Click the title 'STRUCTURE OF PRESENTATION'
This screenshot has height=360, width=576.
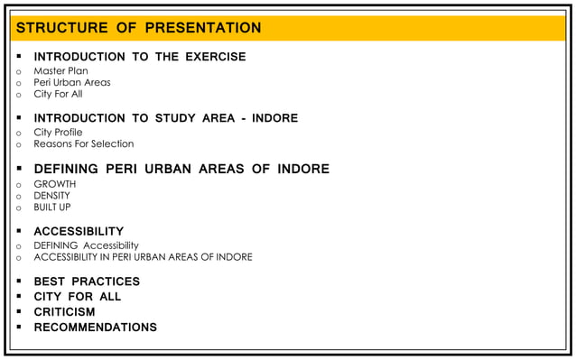click(138, 28)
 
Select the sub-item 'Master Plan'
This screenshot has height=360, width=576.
click(60, 70)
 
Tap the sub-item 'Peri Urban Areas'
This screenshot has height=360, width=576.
click(72, 82)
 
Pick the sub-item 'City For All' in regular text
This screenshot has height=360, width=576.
click(58, 94)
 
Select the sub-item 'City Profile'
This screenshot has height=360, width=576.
click(58, 132)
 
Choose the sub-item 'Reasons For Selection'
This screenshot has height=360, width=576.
click(83, 143)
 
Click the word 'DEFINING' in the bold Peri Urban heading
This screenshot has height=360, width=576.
click(66, 169)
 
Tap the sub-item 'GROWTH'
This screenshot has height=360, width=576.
click(54, 184)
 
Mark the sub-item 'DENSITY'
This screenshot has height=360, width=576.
click(51, 196)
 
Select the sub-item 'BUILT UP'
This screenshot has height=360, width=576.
click(51, 208)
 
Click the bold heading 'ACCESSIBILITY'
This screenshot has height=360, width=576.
click(79, 231)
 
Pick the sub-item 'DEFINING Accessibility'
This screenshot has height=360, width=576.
click(86, 245)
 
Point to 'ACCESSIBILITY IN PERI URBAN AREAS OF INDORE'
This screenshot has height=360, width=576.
click(143, 257)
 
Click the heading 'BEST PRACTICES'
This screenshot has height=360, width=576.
click(87, 282)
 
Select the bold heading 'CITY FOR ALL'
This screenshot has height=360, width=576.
click(77, 297)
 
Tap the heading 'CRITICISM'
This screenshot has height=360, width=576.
click(64, 312)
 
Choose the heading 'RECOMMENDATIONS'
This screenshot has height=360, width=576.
click(95, 328)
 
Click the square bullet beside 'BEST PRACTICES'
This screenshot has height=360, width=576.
click(18, 282)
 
